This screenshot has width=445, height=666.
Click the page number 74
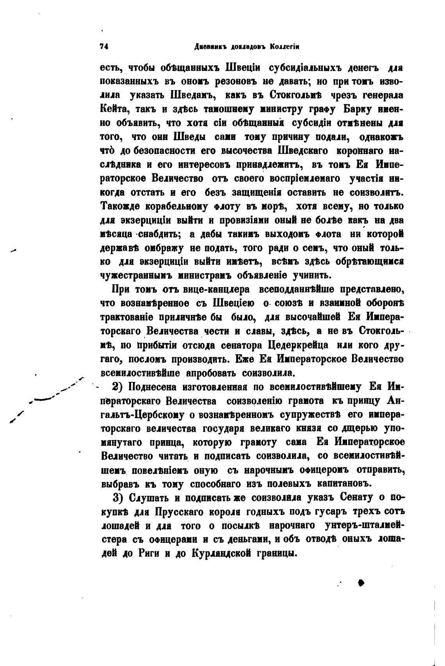click(104, 46)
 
